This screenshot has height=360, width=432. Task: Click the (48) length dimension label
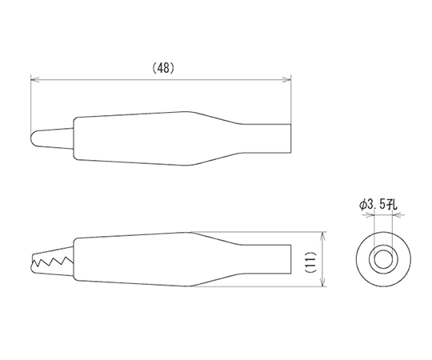pyautogui.click(x=163, y=68)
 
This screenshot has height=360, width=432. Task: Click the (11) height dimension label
pyautogui.click(x=311, y=262)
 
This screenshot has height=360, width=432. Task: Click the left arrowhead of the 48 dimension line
pyautogui.click(x=34, y=80)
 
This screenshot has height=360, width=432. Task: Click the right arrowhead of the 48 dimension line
pyautogui.click(x=287, y=80)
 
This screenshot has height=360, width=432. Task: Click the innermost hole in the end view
pyautogui.click(x=383, y=259)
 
